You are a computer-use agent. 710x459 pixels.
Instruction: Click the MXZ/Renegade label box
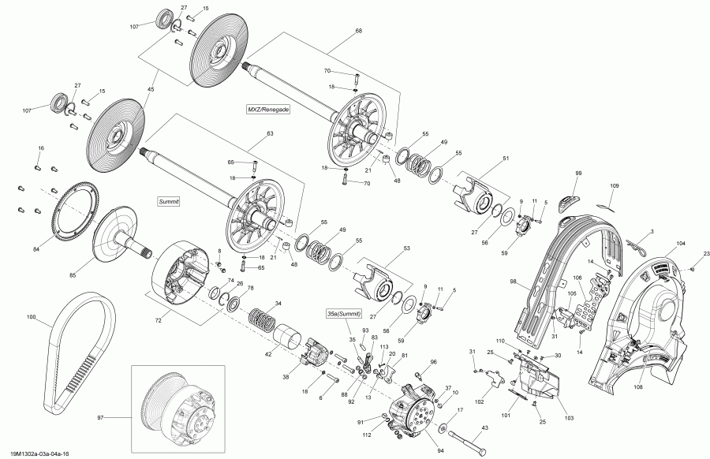click(x=268, y=110)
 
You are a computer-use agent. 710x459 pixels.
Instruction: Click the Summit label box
click(x=169, y=203)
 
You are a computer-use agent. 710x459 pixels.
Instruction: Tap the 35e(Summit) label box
click(x=344, y=314)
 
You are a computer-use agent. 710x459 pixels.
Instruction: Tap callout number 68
click(x=359, y=31)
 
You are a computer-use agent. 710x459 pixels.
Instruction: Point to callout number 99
click(x=577, y=173)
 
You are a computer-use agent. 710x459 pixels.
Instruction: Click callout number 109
click(x=614, y=187)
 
